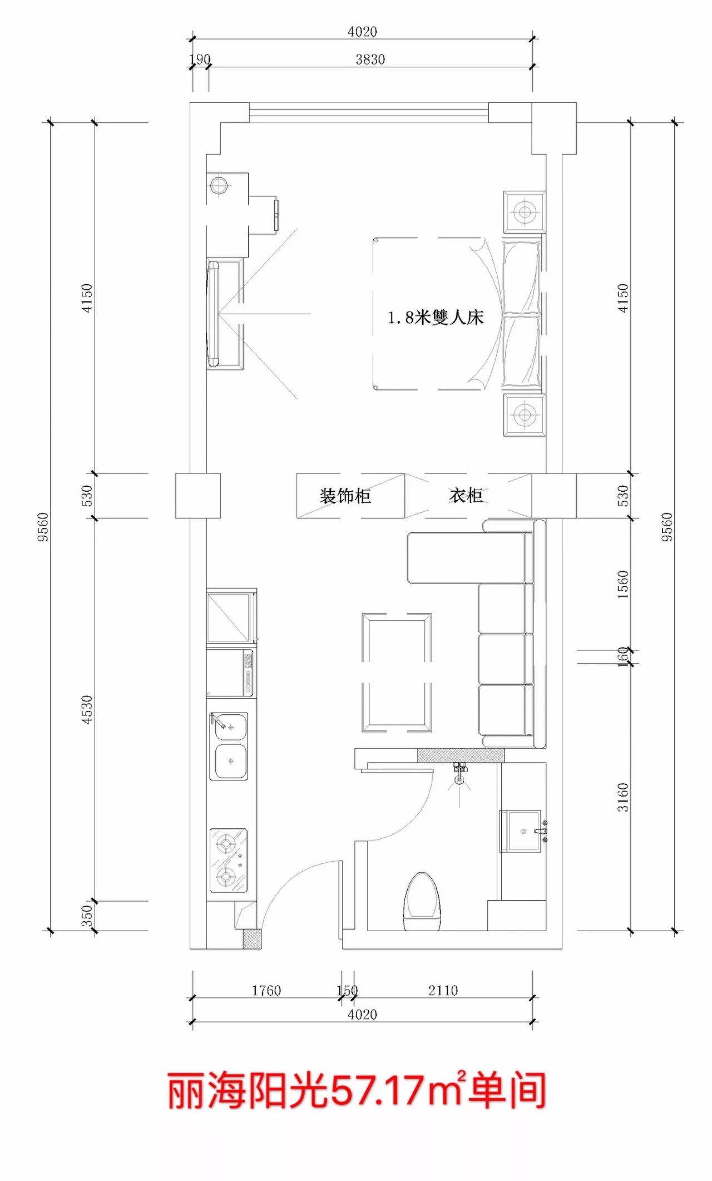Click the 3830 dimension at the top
(x=370, y=59)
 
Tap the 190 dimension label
(x=200, y=59)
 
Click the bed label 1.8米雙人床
(x=436, y=318)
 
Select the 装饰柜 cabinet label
(x=345, y=496)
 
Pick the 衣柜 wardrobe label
(x=466, y=495)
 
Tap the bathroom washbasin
(x=521, y=831)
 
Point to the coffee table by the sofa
(x=397, y=672)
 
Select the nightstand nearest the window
(x=524, y=212)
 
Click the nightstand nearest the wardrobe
(x=524, y=414)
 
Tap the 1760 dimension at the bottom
(x=266, y=991)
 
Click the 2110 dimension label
(x=443, y=991)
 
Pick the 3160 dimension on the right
(x=623, y=797)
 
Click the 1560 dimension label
(x=623, y=585)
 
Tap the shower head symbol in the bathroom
(x=459, y=774)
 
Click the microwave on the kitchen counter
(x=230, y=674)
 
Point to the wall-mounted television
(x=213, y=314)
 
